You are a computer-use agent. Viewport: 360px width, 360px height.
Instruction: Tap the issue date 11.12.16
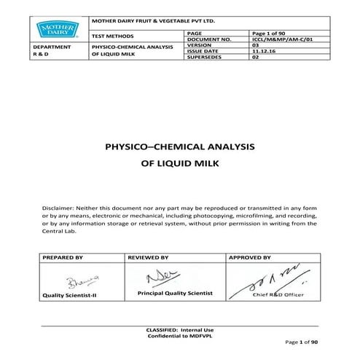click(x=261, y=52)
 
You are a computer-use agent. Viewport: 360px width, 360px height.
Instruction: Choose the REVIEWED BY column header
click(x=149, y=257)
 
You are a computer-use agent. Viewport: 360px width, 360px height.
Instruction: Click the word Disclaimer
click(x=61, y=208)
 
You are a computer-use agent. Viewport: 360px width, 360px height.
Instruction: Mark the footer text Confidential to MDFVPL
click(x=180, y=335)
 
